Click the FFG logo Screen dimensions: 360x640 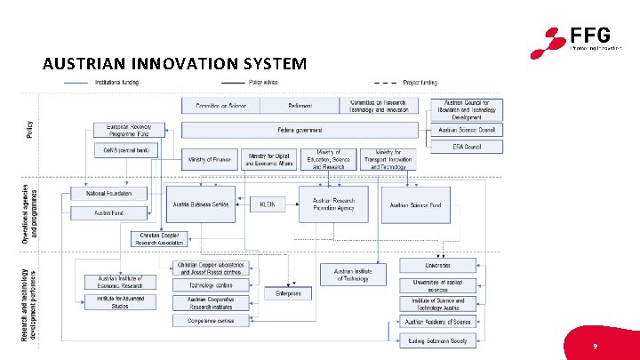click(578, 40)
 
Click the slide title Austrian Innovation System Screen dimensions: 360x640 click(174, 65)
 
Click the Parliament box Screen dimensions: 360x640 click(300, 106)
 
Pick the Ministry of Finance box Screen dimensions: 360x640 click(210, 160)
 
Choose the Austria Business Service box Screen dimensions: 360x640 click(202, 204)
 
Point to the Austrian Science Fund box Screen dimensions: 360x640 click(417, 204)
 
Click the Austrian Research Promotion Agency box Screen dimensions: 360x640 click(332, 204)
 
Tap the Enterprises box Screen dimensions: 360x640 click(288, 292)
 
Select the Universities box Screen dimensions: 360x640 click(437, 265)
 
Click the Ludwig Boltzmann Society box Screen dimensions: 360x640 click(437, 340)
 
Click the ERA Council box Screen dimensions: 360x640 click(466, 146)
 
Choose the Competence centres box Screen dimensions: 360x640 click(211, 321)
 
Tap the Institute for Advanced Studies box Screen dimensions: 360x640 click(119, 303)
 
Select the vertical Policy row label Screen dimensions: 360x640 click(29, 129)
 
